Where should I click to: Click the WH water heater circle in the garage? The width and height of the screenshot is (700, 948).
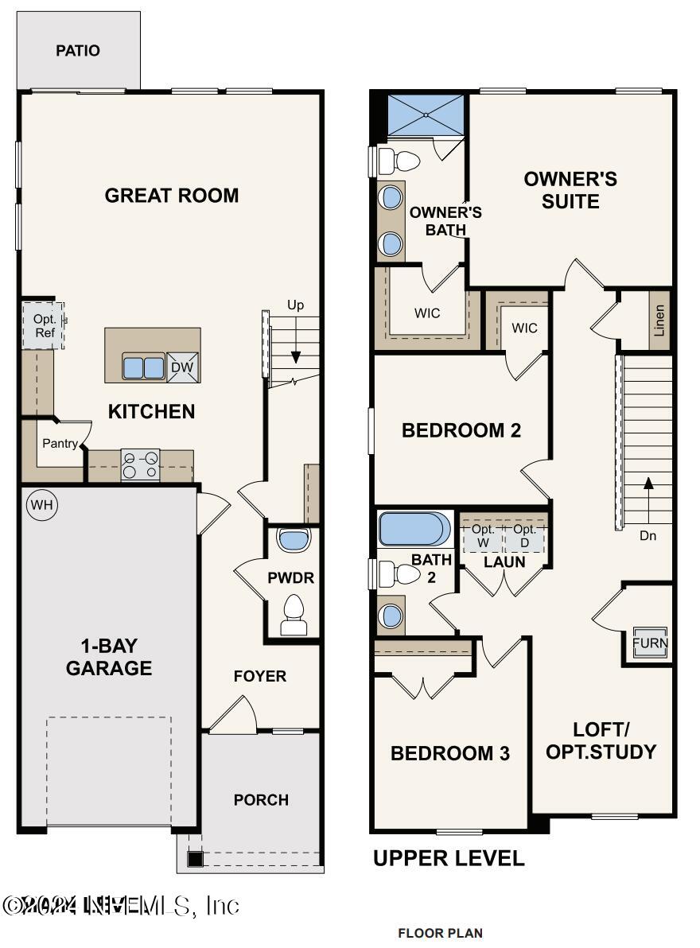pos(41,505)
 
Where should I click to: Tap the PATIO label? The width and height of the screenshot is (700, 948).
pos(78,51)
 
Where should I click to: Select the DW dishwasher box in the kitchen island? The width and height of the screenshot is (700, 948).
pos(182,367)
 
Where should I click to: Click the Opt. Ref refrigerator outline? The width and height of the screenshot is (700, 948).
pos(43,325)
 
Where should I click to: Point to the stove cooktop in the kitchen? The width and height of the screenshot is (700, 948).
pos(140,465)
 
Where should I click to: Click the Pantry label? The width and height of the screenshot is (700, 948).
pos(60,443)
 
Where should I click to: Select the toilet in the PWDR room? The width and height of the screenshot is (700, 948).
pos(294,616)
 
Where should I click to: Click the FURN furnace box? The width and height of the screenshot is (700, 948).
pos(650,643)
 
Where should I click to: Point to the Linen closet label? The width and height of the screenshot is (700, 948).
pos(659,321)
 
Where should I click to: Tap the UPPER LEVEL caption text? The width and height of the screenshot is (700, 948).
pos(449,859)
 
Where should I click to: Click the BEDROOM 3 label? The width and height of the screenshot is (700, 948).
pos(449,753)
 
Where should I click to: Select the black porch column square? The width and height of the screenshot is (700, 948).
pos(195,859)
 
